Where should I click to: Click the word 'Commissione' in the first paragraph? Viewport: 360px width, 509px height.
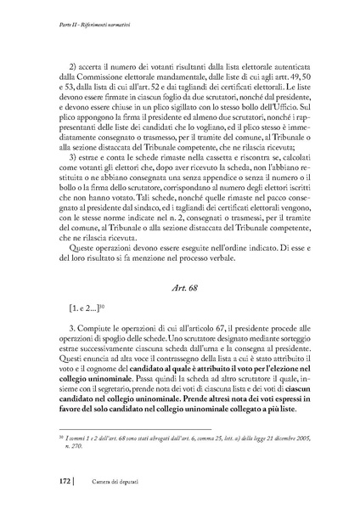pos(99,75)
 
